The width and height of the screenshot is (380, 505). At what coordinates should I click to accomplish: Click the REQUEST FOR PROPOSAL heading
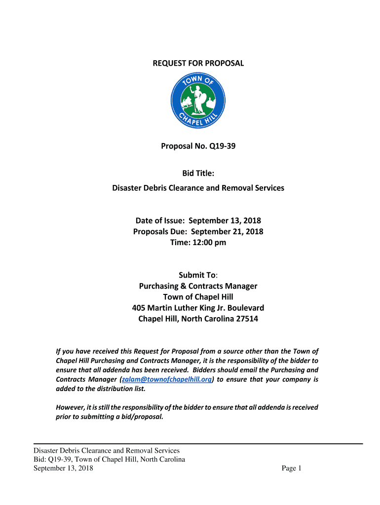(198, 63)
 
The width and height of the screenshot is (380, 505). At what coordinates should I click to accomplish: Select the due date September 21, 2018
(227, 231)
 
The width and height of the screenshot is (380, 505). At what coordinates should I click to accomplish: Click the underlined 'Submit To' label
(197, 275)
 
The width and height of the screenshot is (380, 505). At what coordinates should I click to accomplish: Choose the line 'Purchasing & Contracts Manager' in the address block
(198, 286)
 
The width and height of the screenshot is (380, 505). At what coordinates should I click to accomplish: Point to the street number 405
(139, 308)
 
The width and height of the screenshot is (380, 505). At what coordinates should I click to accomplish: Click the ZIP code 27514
(245, 319)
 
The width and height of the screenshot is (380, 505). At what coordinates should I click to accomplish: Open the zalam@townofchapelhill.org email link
(167, 379)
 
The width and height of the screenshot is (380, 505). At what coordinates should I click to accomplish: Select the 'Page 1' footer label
(291, 469)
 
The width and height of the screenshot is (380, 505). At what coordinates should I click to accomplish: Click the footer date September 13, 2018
(63, 469)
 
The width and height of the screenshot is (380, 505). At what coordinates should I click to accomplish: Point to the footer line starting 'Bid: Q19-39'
(109, 460)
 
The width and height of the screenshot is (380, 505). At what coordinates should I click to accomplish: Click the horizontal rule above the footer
(198, 444)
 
